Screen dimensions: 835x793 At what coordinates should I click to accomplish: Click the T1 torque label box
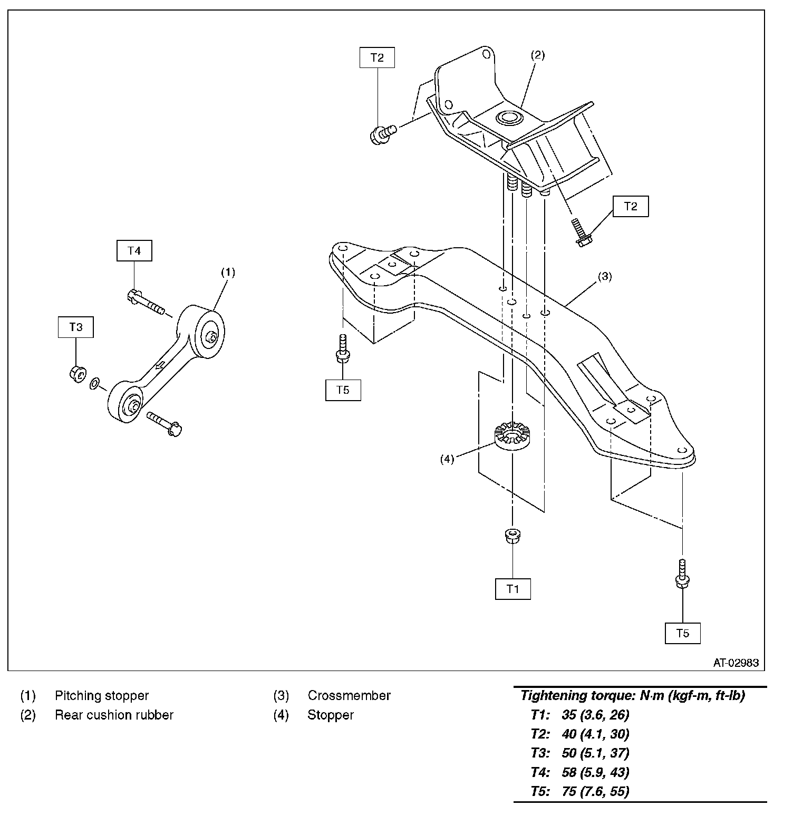pos(512,589)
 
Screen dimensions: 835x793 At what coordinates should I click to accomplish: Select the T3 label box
pos(76,327)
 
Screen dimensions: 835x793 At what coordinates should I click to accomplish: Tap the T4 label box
pos(134,250)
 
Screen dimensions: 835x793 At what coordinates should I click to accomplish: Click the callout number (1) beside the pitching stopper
pos(228,272)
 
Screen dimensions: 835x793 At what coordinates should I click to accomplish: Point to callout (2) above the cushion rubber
pos(537,55)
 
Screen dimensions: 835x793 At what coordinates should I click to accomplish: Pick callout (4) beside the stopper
pos(447,459)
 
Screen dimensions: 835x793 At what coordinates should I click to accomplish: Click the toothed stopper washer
pos(511,435)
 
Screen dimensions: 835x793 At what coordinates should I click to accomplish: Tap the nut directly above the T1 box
pos(511,537)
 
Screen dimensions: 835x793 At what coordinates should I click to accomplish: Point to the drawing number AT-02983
pos(736,663)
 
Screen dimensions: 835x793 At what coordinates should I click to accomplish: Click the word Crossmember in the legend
pos(349,695)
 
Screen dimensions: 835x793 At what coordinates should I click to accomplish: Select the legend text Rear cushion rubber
pos(114,715)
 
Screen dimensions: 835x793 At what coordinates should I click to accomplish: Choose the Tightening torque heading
pos(633,695)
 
